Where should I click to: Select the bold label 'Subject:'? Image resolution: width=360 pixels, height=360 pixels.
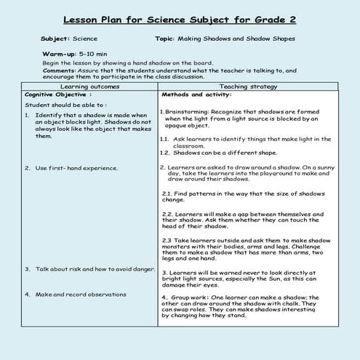56,39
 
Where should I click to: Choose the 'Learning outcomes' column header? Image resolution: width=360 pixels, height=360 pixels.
89,87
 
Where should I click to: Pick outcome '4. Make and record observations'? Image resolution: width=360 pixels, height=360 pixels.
75,295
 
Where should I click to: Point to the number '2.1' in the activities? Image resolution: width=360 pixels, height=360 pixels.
167,193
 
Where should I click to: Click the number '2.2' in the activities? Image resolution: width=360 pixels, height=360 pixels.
167,214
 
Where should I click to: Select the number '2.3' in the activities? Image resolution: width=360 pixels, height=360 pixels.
167,239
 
